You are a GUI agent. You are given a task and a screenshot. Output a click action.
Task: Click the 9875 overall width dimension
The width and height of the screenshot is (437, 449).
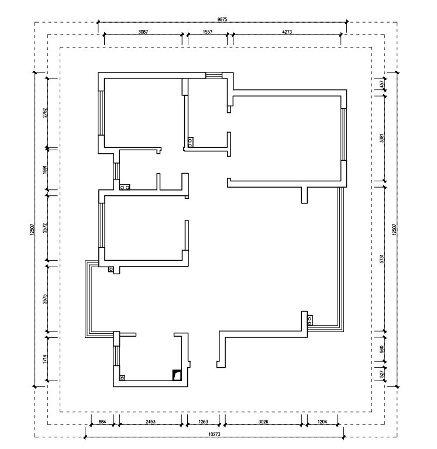tap(222, 19)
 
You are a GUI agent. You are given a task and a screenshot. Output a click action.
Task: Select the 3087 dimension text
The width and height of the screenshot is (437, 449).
tap(143, 32)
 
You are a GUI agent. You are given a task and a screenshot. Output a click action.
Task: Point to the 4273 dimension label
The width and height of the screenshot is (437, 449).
tap(287, 32)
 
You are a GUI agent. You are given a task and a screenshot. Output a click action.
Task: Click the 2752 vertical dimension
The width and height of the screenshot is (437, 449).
tap(44, 113)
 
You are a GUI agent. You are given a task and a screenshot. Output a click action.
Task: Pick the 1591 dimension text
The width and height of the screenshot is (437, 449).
tap(44, 170)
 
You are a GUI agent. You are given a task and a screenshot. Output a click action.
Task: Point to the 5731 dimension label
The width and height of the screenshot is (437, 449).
tap(382, 258)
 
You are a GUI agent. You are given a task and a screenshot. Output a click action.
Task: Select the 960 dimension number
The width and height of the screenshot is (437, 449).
tap(382, 349)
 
